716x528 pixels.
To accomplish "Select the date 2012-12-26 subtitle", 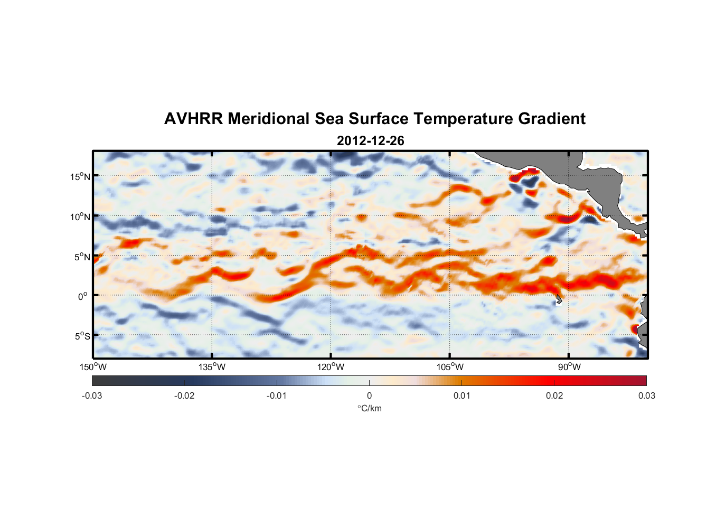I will coord(370,141).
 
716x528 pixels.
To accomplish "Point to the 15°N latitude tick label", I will coord(80,176).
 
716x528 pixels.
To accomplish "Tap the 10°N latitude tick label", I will coord(80,216).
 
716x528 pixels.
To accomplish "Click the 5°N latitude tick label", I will coord(82,257).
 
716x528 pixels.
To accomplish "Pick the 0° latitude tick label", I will coord(83,296).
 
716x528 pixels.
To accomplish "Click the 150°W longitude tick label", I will coord(93,367).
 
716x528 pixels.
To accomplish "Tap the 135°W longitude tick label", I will coord(212,367).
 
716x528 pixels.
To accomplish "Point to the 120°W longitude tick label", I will coord(331,367).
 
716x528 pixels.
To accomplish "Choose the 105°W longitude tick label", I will coord(450,367).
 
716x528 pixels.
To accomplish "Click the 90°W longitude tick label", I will coord(569,367).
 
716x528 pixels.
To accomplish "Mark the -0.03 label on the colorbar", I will coord(92,396).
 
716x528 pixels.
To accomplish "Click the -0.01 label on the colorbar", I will coord(277,396).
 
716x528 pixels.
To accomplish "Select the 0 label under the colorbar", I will coord(369,396).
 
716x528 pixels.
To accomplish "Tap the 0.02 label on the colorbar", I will coord(554,396).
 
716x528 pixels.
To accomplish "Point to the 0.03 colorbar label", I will coord(646,396).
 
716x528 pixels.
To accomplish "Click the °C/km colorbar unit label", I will coord(369,409).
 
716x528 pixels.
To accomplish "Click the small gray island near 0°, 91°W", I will coord(559,300).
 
